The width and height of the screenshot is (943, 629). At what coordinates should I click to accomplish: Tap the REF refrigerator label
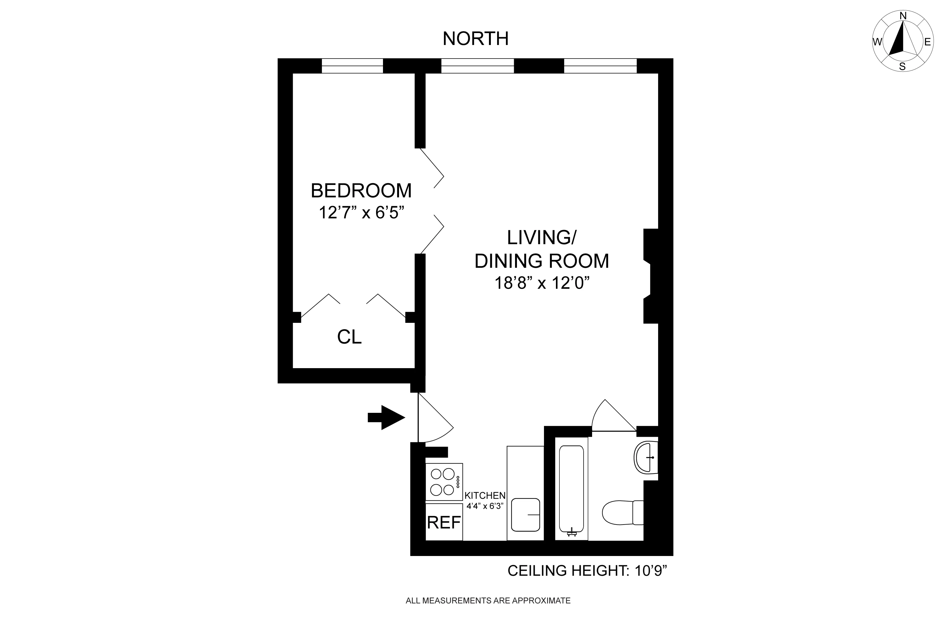click(x=444, y=522)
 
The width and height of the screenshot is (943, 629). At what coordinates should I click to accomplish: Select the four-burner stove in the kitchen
click(x=444, y=481)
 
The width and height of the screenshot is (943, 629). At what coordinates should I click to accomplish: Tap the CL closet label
click(x=349, y=337)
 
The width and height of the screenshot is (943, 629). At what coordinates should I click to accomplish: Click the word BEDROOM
click(x=361, y=191)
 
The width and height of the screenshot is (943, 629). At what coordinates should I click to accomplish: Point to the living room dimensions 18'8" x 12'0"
click(x=542, y=283)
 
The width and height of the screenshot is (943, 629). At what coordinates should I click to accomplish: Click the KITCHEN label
click(x=485, y=495)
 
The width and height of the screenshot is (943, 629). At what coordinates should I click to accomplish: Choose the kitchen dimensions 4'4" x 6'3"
click(x=485, y=506)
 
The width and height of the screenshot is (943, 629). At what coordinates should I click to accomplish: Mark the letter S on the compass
click(x=902, y=67)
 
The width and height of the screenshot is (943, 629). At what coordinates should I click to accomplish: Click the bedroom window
click(x=352, y=66)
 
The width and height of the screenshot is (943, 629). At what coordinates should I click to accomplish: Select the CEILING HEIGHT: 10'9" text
click(x=587, y=570)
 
